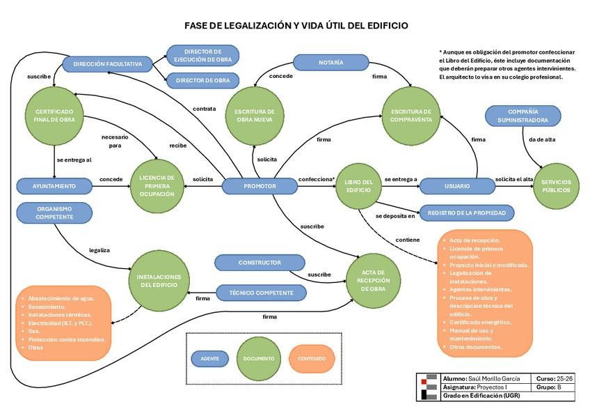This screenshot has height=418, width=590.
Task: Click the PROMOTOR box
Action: tap(260, 186)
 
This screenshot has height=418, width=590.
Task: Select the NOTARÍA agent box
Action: tap(330, 63)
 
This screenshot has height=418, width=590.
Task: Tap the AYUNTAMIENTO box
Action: tap(55, 186)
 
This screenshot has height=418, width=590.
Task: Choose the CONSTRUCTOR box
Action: tap(259, 263)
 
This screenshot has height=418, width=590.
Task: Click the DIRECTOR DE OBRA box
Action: tap(202, 81)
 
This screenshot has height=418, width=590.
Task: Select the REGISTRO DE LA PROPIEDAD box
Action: tap(466, 212)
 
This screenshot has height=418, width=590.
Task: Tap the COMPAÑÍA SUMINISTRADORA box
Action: tap(523, 116)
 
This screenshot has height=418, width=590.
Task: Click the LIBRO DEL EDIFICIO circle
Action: tap(359, 186)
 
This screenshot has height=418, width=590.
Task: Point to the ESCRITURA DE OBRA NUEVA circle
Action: tap(254, 116)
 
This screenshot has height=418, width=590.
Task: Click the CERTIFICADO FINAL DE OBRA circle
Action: tap(55, 116)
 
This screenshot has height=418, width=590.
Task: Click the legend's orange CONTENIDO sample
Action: tap(311, 359)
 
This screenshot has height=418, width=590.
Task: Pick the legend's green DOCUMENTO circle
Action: tap(258, 359)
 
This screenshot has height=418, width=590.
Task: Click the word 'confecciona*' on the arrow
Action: tap(317, 179)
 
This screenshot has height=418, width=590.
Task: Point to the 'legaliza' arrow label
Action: tap(99, 249)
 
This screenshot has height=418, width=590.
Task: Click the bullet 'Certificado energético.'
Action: tap(480, 322)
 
